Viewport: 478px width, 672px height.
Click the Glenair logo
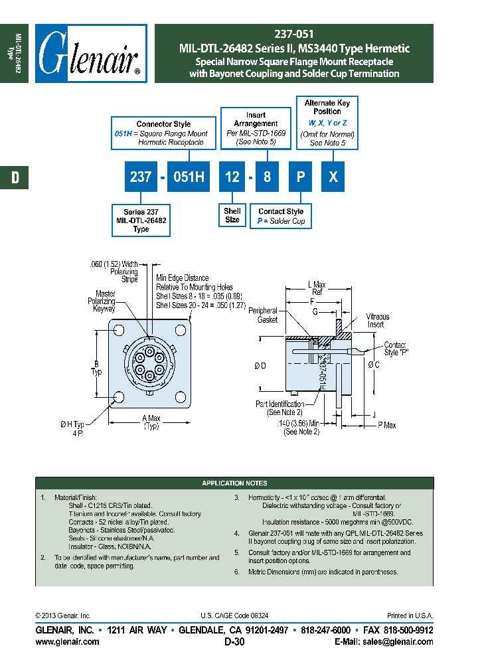(x=91, y=54)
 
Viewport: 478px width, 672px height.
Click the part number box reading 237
(x=141, y=177)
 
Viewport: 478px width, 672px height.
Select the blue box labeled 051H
(x=189, y=177)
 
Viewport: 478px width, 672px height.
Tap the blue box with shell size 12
(x=232, y=177)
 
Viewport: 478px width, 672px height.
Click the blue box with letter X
(x=334, y=177)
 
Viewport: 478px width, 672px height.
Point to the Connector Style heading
(x=163, y=124)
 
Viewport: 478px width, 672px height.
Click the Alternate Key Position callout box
(x=327, y=123)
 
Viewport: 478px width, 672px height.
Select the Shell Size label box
(x=232, y=215)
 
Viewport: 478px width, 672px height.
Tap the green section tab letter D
(x=14, y=177)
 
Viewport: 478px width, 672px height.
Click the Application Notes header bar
(x=234, y=483)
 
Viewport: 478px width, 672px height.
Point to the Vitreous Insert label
(x=378, y=321)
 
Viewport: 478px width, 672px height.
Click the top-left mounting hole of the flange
(x=120, y=330)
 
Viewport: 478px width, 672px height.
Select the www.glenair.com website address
(x=67, y=641)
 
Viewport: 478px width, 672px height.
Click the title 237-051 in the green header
(x=293, y=34)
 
